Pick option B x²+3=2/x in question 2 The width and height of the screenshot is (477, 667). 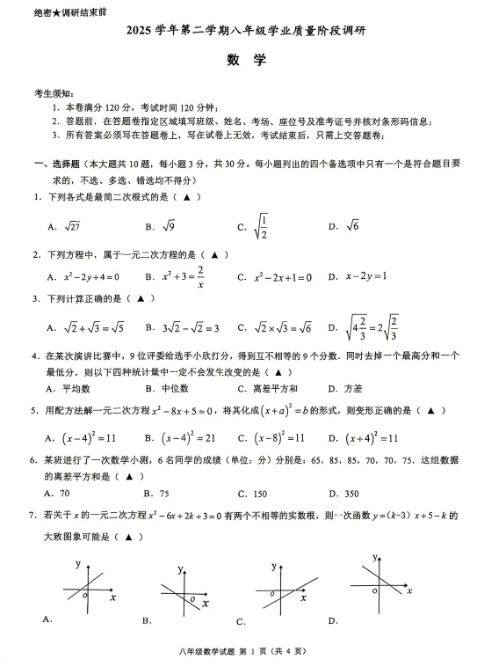[x=183, y=276]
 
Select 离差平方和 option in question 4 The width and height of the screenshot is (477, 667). [x=280, y=388]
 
